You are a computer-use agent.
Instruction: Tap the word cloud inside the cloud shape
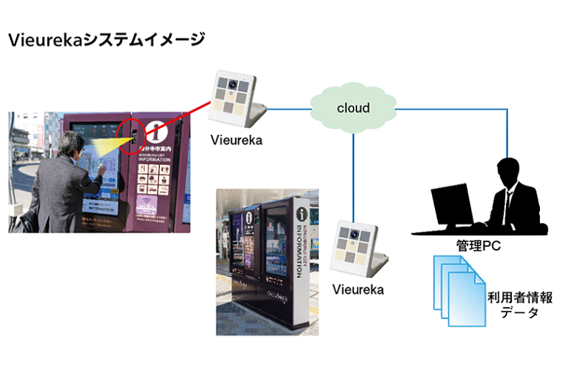pos(353,108)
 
